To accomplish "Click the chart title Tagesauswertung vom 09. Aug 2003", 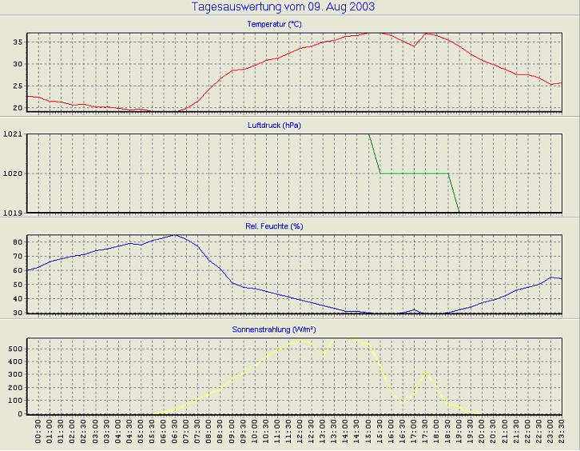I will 284,7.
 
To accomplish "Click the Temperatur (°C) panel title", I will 274,24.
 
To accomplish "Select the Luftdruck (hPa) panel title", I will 274,125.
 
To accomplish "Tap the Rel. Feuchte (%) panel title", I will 274,226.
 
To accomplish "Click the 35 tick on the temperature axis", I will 17,42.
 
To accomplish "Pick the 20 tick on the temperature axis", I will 17,108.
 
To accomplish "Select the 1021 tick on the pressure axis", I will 12,134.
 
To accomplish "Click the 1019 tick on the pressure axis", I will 12,212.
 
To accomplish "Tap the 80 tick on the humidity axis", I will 17,241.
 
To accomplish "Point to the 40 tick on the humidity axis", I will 17,299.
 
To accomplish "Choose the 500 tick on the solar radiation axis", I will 14,349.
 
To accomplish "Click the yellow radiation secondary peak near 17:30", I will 425,372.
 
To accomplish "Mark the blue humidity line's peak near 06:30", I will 175,235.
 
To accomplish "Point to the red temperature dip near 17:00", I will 414,46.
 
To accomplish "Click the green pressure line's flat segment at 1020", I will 414,174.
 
